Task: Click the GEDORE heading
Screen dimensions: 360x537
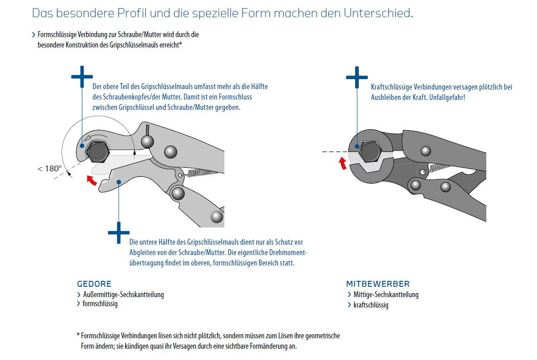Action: click(x=94, y=284)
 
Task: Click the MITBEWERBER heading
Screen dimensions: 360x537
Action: click(x=378, y=284)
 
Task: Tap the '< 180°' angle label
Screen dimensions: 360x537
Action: click(x=49, y=169)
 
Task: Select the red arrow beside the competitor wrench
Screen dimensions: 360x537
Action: click(x=343, y=163)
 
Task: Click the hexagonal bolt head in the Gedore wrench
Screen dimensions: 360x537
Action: click(x=97, y=152)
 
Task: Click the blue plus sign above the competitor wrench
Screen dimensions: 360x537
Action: click(x=357, y=78)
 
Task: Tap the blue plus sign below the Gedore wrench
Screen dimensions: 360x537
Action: click(x=119, y=232)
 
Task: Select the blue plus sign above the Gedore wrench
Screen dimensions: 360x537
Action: click(x=82, y=76)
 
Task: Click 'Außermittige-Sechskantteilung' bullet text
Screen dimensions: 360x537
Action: click(x=124, y=294)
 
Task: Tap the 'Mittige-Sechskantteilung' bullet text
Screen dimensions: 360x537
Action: click(x=386, y=294)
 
